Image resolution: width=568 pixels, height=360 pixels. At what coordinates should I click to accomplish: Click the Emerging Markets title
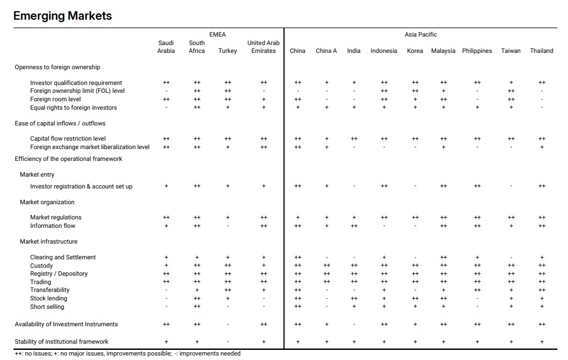(x=62, y=16)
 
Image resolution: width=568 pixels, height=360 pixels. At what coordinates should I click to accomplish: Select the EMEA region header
(x=217, y=34)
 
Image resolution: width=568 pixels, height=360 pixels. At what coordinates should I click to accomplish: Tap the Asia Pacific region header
(x=421, y=34)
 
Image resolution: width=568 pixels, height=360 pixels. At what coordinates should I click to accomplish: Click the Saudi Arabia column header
(x=166, y=47)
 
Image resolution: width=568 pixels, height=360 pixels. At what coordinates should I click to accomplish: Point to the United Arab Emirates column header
(x=263, y=47)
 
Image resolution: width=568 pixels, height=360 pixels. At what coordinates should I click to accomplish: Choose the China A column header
(x=326, y=51)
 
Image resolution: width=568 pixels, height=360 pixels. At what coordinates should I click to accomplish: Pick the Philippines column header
(x=477, y=51)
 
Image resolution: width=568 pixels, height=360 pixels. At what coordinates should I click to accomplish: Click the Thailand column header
(x=541, y=51)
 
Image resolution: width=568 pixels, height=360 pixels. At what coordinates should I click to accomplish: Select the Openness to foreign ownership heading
(x=57, y=67)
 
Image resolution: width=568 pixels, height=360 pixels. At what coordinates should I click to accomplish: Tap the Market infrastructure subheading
(x=48, y=241)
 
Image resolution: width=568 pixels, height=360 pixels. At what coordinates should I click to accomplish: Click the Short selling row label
(x=47, y=307)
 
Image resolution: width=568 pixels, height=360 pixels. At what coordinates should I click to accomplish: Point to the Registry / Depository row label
(x=58, y=273)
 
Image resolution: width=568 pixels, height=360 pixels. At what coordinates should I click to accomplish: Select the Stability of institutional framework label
(x=62, y=341)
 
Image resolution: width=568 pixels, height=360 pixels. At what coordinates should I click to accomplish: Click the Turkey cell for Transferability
(x=228, y=290)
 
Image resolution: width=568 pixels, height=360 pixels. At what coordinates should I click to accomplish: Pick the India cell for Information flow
(x=354, y=226)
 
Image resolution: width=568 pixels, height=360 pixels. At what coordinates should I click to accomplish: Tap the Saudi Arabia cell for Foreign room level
(x=166, y=99)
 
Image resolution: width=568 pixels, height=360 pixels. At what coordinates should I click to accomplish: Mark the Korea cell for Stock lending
(x=415, y=299)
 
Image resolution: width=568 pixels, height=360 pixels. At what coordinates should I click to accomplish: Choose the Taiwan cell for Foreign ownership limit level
(x=511, y=91)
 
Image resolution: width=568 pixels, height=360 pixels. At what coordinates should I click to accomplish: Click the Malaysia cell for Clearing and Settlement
(x=443, y=257)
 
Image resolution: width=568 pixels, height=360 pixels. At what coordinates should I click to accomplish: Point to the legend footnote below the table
(x=128, y=353)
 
